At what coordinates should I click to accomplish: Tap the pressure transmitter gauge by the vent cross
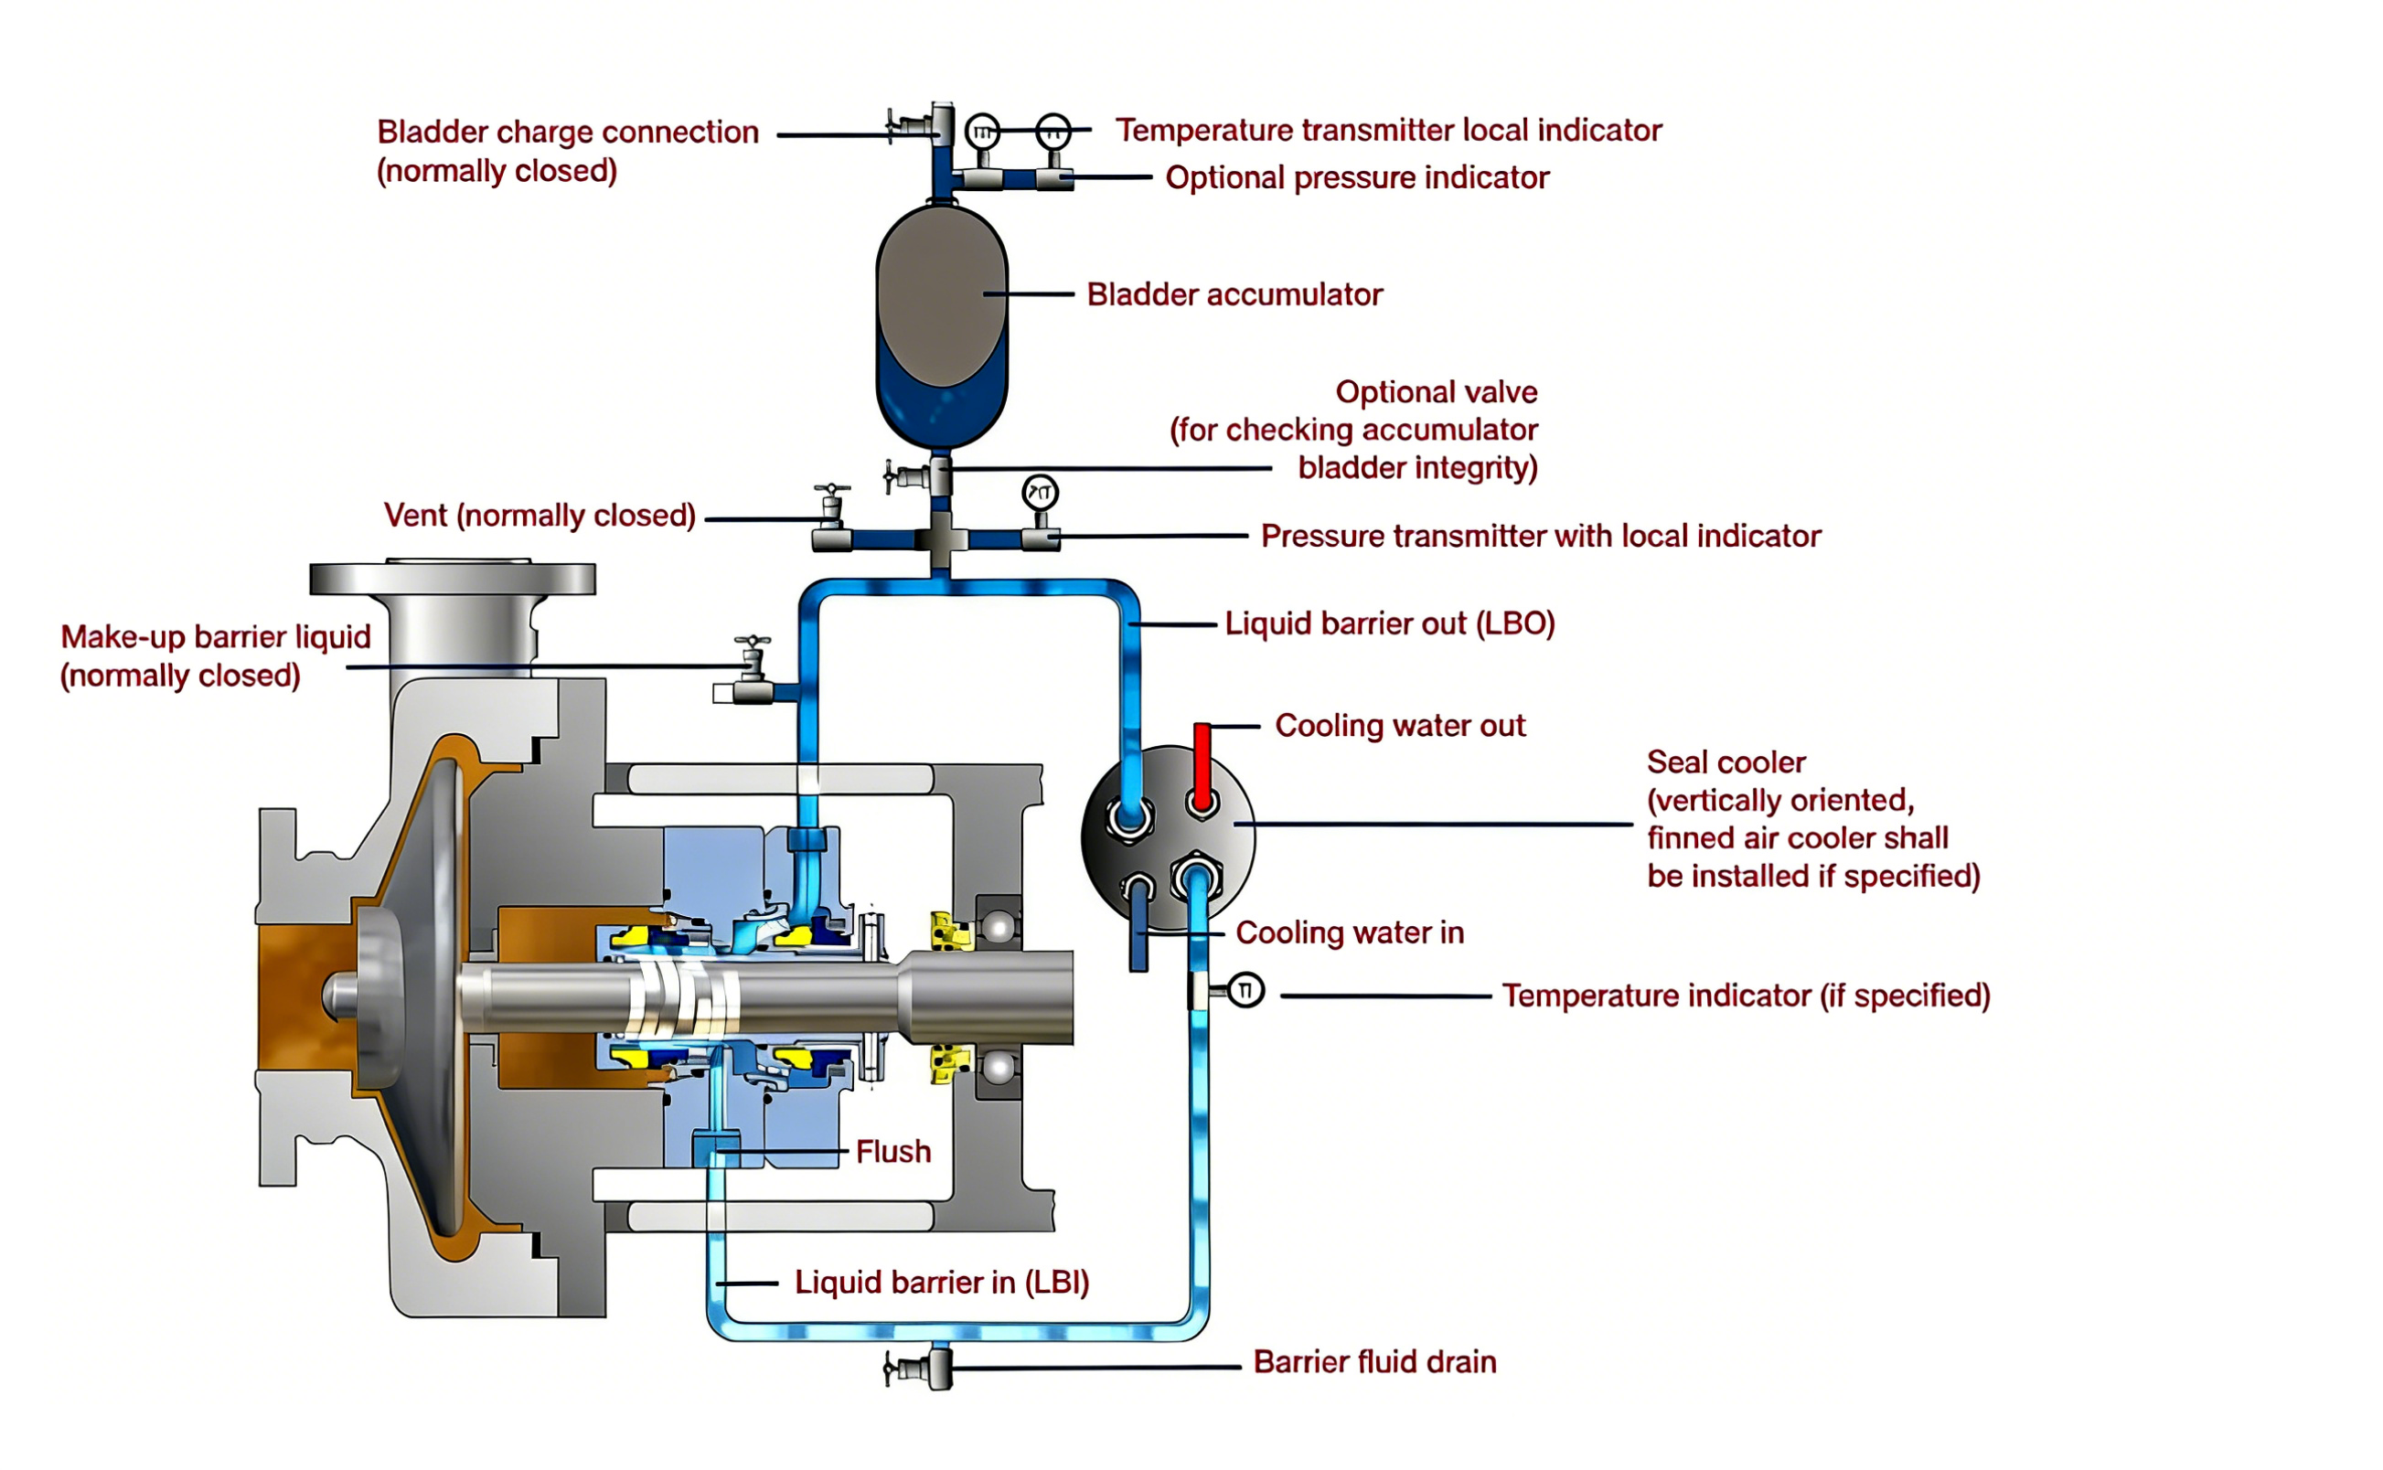(1040, 494)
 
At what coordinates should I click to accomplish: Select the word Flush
(892, 1152)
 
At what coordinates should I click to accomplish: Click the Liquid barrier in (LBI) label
(941, 1283)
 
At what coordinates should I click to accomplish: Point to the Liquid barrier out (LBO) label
(1388, 623)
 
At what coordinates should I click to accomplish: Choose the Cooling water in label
(1349, 932)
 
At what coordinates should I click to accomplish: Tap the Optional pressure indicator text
(1356, 178)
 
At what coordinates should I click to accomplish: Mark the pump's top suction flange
(452, 580)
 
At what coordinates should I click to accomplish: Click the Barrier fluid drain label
(1373, 1362)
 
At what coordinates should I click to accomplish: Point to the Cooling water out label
(1399, 725)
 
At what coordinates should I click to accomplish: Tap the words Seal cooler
(1725, 762)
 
